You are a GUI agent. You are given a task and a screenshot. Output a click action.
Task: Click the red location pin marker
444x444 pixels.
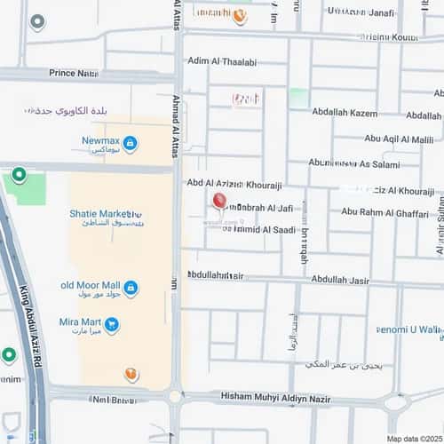218,201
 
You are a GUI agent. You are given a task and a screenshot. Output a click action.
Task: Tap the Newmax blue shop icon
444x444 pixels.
130,143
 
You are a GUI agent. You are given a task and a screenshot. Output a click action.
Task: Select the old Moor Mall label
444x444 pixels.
90,285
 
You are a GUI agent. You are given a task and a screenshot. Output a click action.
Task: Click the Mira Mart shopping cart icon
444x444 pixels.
111,326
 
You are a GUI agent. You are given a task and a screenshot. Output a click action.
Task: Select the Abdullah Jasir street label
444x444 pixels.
346,280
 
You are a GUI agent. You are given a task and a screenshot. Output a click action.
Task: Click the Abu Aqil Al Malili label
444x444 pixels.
399,139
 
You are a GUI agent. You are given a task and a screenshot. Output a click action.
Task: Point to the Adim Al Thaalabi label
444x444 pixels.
222,62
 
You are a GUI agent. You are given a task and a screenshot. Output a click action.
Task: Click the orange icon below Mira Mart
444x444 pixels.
131,374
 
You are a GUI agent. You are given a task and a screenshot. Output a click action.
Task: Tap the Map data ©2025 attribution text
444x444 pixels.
414,439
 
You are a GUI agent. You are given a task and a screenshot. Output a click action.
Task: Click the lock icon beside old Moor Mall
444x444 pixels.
131,287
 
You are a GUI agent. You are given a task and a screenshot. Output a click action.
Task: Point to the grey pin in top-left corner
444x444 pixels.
36,21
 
